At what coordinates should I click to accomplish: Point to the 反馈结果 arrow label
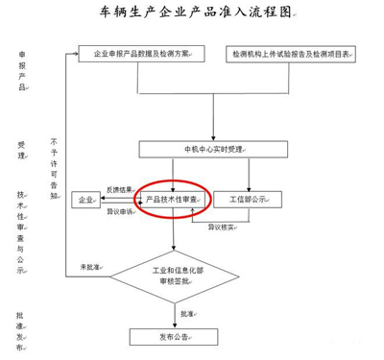119,190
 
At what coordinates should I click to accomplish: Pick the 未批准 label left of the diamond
90,266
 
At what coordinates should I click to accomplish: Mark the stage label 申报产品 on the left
21,73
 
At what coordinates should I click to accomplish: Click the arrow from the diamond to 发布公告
176,314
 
